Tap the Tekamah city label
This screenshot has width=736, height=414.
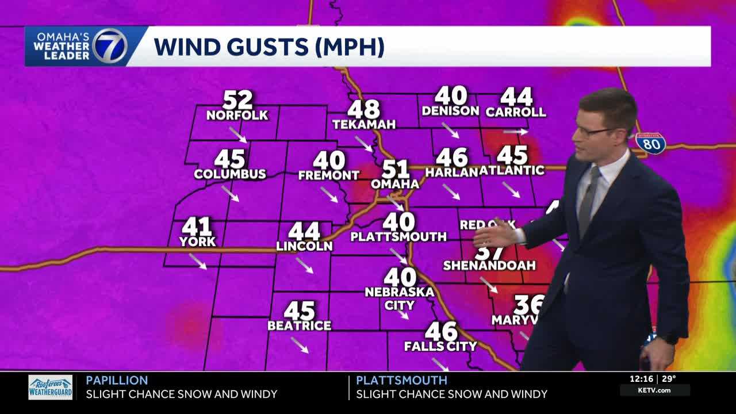(x=364, y=124)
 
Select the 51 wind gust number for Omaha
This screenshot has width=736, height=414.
(x=396, y=170)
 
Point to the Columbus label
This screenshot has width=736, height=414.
(x=230, y=174)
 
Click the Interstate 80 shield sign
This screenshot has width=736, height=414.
(x=651, y=143)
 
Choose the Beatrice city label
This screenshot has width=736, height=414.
(x=299, y=325)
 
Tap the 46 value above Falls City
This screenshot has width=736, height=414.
(x=441, y=331)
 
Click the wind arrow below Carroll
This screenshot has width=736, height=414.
(x=516, y=132)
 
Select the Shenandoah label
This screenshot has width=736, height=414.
(x=489, y=265)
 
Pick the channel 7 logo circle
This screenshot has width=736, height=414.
(x=110, y=46)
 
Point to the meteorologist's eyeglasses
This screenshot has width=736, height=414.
(x=592, y=132)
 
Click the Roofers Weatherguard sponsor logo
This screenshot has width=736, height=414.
(x=51, y=387)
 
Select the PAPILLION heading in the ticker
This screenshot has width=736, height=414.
(x=117, y=380)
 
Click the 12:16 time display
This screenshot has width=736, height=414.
(x=641, y=378)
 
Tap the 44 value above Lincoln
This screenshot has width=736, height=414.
(x=304, y=231)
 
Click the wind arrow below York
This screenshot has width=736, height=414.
(x=197, y=261)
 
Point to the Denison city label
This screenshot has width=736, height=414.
(x=450, y=110)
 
